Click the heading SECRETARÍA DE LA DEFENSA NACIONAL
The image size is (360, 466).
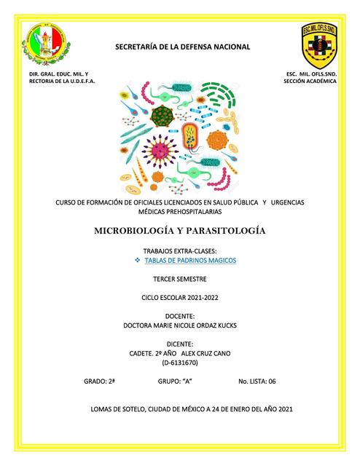[182, 47]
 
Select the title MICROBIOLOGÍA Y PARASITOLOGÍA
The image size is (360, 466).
[179, 231]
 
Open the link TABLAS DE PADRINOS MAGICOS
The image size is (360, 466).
[186, 260]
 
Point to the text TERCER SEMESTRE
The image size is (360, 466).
[180, 279]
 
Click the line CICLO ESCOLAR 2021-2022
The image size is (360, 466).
[180, 298]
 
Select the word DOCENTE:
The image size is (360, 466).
[180, 317]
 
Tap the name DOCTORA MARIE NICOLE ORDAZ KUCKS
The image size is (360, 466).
[180, 326]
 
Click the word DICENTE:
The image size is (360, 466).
[180, 344]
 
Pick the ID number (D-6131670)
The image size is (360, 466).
[180, 362]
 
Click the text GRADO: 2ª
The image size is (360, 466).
[100, 381]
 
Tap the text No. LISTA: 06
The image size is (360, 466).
[257, 381]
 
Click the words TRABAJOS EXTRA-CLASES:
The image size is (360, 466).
[180, 250]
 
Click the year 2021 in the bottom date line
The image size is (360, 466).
[284, 409]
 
